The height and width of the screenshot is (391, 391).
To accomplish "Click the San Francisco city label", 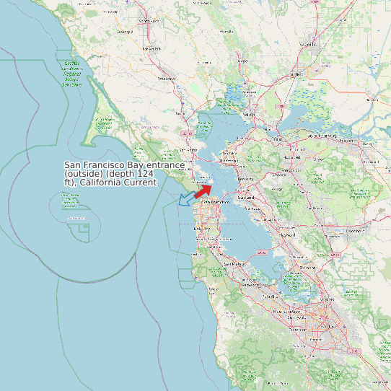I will pos(216,203).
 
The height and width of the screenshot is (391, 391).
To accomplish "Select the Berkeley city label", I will pos(245,178).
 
